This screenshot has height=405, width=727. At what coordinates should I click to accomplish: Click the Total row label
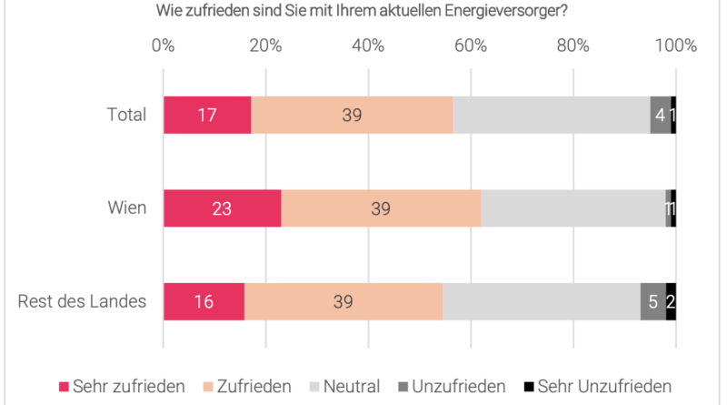(126, 115)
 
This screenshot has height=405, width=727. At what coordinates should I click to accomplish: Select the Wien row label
(127, 208)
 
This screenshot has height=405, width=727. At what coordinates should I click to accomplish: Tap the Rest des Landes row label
(83, 301)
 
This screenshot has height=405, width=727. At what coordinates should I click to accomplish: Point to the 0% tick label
(164, 46)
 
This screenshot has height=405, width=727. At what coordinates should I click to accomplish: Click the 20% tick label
(265, 46)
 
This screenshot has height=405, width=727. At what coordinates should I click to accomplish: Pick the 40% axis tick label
(368, 46)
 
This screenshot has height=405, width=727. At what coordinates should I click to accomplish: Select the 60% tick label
(471, 46)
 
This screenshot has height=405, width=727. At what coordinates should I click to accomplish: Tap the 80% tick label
(573, 46)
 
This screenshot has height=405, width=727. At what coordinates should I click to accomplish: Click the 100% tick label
(675, 46)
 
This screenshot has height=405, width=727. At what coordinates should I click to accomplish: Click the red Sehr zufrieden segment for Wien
(222, 208)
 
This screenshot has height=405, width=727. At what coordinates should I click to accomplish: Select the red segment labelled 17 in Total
(207, 115)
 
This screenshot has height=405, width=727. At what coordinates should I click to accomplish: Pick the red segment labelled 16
(204, 301)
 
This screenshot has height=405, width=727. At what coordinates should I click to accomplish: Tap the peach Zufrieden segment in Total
(352, 115)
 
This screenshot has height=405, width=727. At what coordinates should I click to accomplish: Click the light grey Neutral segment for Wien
(573, 208)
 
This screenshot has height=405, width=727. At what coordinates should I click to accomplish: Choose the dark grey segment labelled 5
(653, 301)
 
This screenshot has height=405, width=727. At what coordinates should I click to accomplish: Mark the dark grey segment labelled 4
(661, 115)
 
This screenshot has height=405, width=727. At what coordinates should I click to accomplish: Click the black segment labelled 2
(671, 301)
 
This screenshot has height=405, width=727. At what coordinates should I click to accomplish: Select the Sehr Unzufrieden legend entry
(599, 386)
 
